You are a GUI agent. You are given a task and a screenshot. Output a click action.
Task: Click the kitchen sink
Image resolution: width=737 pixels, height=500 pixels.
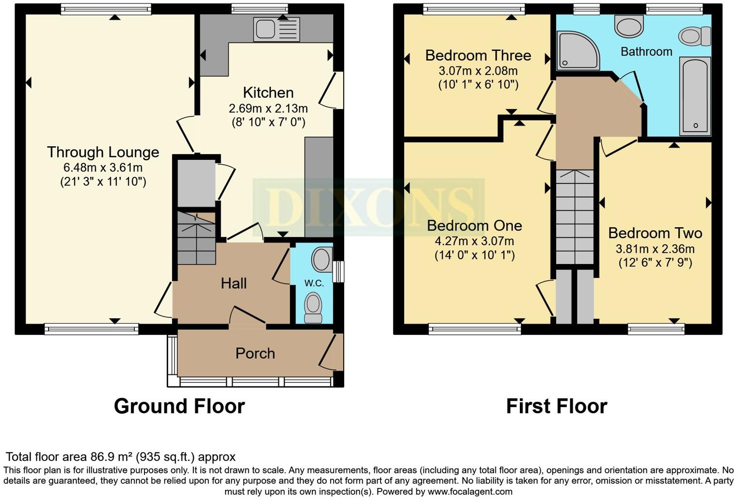276,29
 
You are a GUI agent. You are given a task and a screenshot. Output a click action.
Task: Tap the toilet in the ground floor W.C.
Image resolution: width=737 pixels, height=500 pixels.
313,308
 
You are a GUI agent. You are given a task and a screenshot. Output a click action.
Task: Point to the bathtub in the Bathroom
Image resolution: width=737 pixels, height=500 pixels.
695,96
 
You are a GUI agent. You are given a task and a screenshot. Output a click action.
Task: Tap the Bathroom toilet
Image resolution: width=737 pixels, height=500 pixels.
694,36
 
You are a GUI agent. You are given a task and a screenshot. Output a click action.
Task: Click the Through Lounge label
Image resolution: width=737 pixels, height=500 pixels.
103,152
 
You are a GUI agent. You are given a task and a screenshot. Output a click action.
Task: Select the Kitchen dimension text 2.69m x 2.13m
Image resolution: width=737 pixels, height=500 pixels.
268,109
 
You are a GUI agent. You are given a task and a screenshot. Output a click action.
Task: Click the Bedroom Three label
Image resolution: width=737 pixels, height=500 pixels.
478,56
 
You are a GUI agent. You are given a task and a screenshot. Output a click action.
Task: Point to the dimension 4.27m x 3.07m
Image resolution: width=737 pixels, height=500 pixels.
474,241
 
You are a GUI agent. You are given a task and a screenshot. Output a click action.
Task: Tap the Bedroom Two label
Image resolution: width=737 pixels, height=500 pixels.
655,233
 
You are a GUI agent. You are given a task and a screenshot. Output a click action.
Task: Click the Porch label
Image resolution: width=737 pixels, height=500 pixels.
255,353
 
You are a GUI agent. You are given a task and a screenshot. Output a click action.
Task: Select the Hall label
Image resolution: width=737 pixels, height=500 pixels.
234,283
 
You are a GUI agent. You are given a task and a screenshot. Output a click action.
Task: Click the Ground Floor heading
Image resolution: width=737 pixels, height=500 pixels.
179,406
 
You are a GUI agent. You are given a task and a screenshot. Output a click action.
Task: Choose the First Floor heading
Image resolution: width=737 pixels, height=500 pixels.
556,406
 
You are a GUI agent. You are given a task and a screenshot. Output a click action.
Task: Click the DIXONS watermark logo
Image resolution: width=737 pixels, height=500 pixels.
368,207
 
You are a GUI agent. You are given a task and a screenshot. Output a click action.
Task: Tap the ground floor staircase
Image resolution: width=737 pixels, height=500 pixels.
196,238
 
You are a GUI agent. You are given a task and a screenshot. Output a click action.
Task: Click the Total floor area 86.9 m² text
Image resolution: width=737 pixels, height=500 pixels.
120,457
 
